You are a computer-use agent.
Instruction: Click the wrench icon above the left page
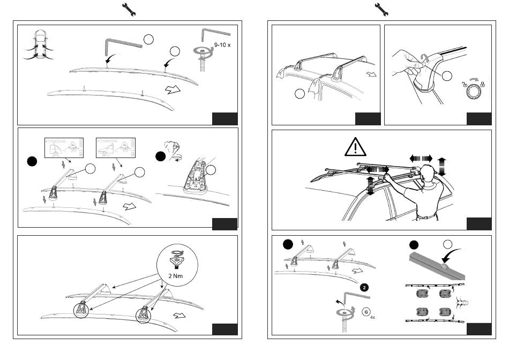129,9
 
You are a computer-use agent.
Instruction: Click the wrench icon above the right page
381,9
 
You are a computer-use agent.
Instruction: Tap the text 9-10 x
222,45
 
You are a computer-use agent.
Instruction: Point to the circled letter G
366,311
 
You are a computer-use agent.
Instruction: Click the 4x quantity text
372,317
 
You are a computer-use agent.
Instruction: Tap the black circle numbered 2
364,287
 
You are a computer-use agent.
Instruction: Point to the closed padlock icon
483,84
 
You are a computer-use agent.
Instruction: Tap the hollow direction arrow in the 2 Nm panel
181,314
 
